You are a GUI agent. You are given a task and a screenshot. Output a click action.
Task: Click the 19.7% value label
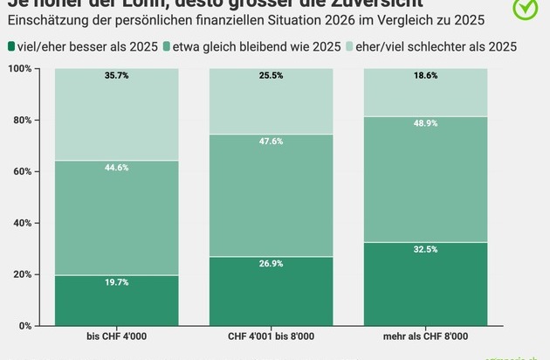tap(116, 283)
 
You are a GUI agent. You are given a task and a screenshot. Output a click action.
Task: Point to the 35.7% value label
tap(116, 76)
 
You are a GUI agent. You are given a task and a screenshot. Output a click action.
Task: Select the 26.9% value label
tap(271, 265)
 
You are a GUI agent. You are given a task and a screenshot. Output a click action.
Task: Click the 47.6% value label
tap(271, 142)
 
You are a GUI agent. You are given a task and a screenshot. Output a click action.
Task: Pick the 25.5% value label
tap(271, 76)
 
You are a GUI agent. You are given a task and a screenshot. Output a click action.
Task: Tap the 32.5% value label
tap(425, 250)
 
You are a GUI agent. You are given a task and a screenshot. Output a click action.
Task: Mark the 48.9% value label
tap(425, 124)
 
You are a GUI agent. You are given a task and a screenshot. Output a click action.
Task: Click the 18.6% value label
tap(425, 76)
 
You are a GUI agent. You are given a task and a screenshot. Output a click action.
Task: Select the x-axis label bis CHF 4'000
tap(116, 336)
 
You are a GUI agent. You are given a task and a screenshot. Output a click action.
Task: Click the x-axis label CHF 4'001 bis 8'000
tap(271, 336)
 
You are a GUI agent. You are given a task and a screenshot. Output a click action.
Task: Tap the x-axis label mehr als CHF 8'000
tap(425, 336)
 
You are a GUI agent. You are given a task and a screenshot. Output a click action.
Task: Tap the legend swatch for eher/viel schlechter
tap(355, 45)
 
